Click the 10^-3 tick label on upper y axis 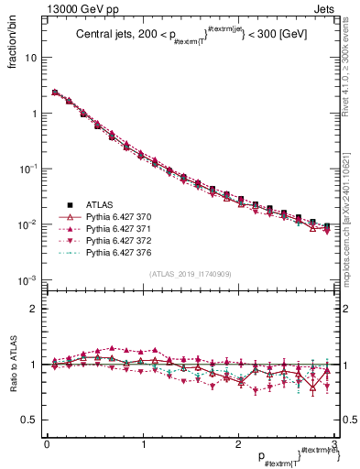coord(27,279)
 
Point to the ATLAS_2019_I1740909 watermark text coord(190,274)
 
